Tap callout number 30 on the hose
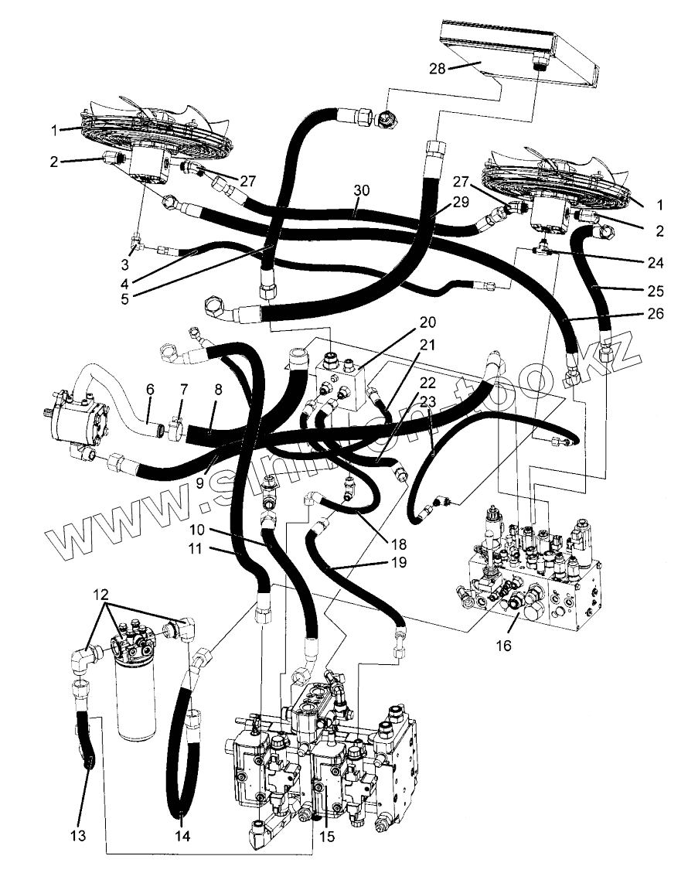point(361,190)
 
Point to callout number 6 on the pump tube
point(149,390)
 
